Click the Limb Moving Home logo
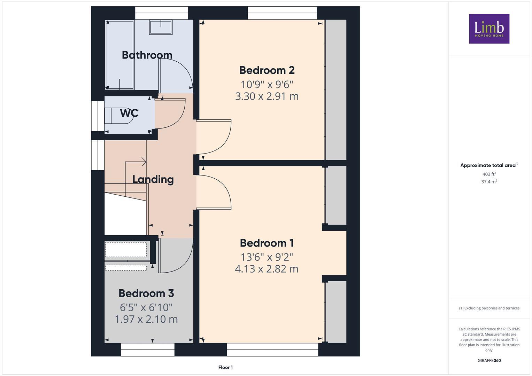[x=489, y=29]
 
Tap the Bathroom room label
[x=147, y=55]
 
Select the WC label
[x=129, y=113]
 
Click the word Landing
[x=153, y=179]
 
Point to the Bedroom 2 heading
[x=267, y=70]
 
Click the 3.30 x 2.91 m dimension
[x=267, y=96]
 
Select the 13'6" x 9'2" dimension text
[x=267, y=257]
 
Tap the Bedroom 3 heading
[x=146, y=293]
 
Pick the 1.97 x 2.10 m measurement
[x=146, y=319]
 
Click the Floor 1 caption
[x=225, y=367]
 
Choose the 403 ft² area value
[x=489, y=174]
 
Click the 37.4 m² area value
[x=489, y=182]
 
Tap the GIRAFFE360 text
[x=489, y=360]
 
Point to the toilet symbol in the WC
[x=118, y=116]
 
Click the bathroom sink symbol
[x=161, y=27]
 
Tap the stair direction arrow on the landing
[x=143, y=162]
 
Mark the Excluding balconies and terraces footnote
[x=489, y=308]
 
